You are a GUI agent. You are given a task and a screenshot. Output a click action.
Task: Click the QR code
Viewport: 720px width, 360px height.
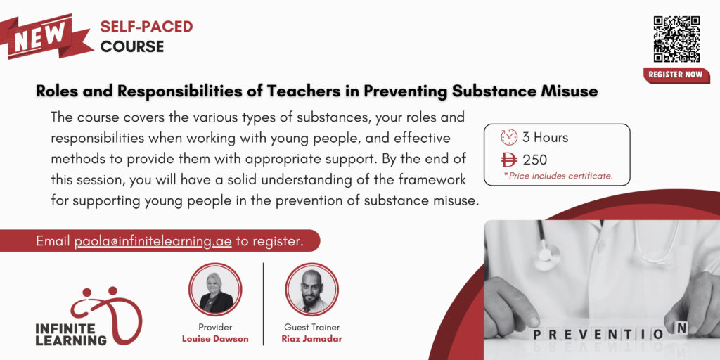pos(676,39)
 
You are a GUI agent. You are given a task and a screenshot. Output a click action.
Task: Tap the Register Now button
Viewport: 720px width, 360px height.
pos(676,75)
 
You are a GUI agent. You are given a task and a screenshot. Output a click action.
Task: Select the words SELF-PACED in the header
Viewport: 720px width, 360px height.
pos(146,27)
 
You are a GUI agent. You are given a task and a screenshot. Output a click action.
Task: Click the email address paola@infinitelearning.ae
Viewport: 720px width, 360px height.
pos(153,241)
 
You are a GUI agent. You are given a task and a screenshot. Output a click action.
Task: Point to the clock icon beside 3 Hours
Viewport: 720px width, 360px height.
pos(509,137)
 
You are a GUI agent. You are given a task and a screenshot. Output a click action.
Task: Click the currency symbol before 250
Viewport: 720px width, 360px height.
pos(509,160)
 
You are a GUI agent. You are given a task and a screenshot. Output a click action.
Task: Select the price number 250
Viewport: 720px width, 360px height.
pos(535,160)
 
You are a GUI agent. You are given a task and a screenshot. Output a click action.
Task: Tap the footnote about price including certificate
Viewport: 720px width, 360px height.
pos(558,175)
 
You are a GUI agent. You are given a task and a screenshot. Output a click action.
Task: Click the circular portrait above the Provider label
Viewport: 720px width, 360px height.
pos(215,289)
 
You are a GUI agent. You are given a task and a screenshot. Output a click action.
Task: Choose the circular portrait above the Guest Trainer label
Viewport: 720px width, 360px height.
pos(311,289)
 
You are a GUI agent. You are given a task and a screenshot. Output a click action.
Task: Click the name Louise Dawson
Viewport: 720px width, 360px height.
pos(215,340)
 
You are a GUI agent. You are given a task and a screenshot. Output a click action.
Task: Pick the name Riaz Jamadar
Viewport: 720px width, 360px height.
pos(311,340)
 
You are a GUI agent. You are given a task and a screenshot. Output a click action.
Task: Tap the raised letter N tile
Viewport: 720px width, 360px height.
pos(682,328)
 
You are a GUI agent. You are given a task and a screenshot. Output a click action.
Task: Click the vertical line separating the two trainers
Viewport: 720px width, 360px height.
pos(264,304)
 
